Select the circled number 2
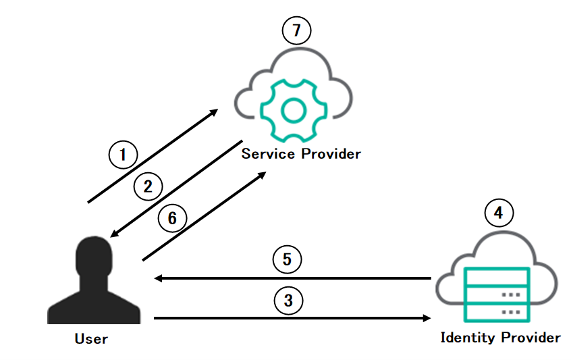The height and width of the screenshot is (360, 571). click(148, 185)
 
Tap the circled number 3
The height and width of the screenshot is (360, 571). click(288, 300)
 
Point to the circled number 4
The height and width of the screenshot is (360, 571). click(499, 213)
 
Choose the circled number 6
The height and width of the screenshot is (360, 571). click(172, 218)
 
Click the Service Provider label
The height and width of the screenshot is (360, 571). click(301, 153)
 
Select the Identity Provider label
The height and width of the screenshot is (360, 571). click(500, 337)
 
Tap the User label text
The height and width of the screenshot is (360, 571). click(91, 338)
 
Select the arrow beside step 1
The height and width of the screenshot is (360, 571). click(153, 156)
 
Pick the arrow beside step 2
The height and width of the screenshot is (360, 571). click(176, 189)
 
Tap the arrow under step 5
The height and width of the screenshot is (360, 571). click(292, 278)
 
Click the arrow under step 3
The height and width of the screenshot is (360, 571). click(292, 317)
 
